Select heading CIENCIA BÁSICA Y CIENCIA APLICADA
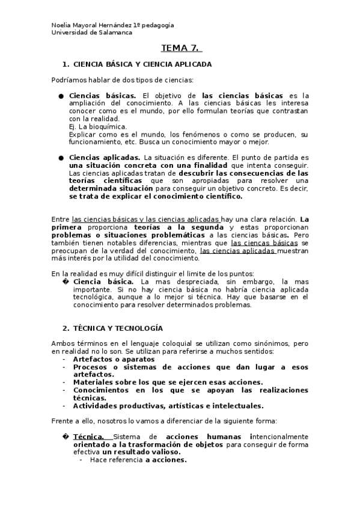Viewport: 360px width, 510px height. [141, 64]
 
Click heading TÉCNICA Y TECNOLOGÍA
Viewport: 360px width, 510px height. [117, 328]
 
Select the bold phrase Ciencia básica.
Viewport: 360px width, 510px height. [103, 281]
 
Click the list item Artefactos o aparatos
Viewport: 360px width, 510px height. [114, 359]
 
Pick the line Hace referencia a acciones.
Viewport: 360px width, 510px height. [138, 459]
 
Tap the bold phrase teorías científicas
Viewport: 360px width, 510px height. [106, 180]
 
